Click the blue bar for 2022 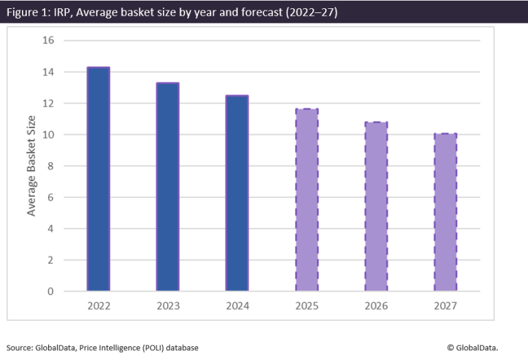pos(98,179)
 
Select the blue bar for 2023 pos(168,187)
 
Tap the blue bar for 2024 pos(237,193)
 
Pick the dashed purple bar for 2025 pos(307,200)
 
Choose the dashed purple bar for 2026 pos(376,207)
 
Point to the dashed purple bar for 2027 pos(445,212)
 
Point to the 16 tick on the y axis pos(48,41)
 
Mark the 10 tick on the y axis pos(48,135)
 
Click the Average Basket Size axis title pos(32,166)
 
